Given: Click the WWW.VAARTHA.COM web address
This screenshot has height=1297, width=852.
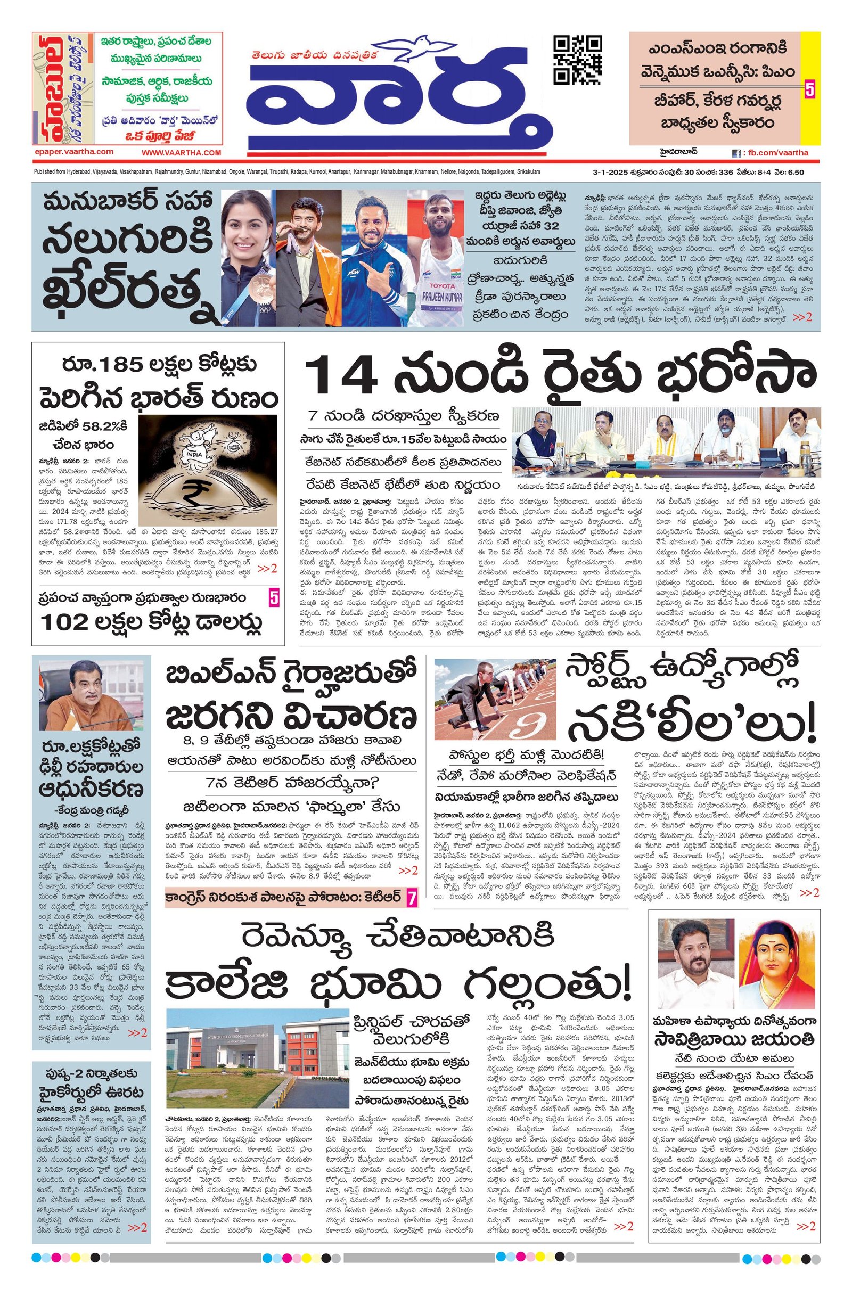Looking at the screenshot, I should click(x=182, y=153).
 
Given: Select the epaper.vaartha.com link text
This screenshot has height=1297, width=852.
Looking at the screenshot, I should click(x=73, y=152).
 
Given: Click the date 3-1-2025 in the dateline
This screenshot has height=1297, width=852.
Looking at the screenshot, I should click(x=609, y=172).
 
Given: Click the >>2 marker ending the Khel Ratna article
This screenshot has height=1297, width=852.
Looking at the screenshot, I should click(x=802, y=317).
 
